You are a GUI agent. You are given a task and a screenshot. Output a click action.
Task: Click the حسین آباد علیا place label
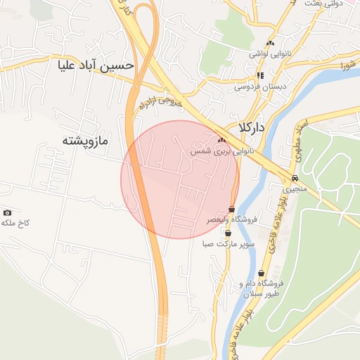pos(96,65)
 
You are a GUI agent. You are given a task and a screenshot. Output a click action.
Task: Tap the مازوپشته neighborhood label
pos(84,141)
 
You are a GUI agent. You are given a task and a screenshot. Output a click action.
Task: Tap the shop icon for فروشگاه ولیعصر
pos(231,209)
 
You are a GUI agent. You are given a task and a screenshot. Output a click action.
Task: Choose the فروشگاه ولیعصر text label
pos(231,220)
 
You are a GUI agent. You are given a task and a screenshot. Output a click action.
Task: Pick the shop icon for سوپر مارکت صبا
pos(228,233)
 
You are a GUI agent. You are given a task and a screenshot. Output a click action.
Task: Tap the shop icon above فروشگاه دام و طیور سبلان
pos(262,274)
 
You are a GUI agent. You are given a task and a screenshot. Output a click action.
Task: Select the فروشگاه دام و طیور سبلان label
pos(255,289)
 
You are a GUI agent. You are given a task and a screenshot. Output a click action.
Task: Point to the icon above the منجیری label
pos(295,178)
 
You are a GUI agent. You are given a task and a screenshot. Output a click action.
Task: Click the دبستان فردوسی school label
pos(258,87)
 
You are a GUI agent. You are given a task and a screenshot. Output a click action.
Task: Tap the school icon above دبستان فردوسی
pos(259,75)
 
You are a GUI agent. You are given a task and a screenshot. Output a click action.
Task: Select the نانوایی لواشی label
pos(269,53)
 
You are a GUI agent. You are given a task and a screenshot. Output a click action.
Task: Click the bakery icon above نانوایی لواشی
pos(270,44)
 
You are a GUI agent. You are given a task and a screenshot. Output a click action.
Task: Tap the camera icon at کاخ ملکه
pos(8,212)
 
